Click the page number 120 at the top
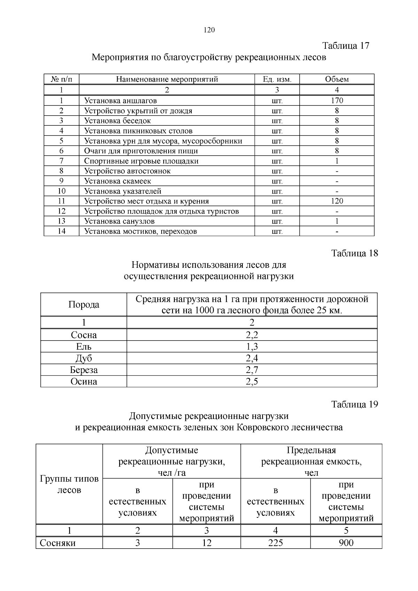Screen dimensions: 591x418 click(x=209, y=30)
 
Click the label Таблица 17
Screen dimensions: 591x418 click(x=346, y=46)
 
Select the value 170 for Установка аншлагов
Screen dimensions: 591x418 click(x=337, y=101)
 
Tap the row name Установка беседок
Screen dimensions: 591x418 click(x=117, y=121)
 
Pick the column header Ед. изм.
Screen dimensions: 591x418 click(x=277, y=79)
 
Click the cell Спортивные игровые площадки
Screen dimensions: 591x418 click(x=141, y=161)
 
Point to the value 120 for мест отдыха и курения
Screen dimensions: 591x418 click(x=337, y=201)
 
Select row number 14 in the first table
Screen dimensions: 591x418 click(x=61, y=231)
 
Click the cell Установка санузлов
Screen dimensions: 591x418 click(x=119, y=221)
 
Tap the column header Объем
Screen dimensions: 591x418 click(x=337, y=79)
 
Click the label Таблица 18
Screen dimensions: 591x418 click(x=354, y=253)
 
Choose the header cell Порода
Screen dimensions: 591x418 click(x=84, y=304)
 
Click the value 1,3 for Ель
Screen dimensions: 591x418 click(x=252, y=347)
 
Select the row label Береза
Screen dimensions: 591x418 click(x=84, y=370)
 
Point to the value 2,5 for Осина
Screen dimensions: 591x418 click(x=252, y=381)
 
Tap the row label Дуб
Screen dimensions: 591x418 click(x=84, y=358)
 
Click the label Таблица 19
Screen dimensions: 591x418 click(x=354, y=404)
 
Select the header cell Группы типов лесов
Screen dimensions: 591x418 click(x=69, y=484)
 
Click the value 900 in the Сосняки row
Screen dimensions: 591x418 click(x=346, y=543)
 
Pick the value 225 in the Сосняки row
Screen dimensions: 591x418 click(x=275, y=543)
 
